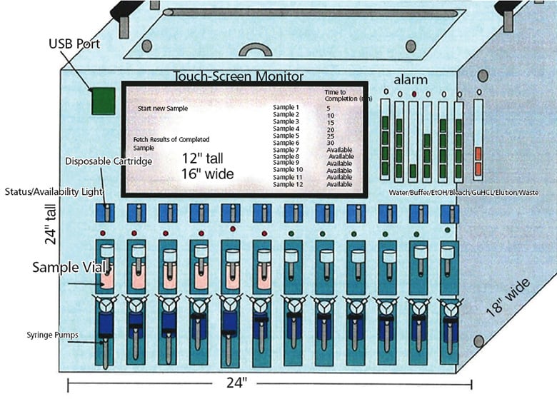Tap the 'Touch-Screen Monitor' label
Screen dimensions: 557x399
[239, 76]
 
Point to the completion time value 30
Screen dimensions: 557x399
[331, 143]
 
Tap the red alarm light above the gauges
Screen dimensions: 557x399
[414, 94]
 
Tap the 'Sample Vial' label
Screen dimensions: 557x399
[63, 268]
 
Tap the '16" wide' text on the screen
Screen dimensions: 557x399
[207, 173]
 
